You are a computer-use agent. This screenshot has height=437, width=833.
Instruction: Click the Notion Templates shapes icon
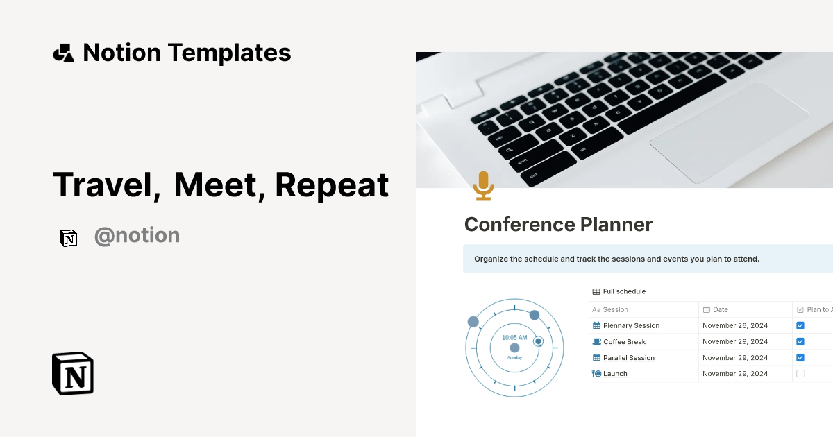[x=63, y=53]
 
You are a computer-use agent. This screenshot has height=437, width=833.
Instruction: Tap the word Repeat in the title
[x=332, y=185]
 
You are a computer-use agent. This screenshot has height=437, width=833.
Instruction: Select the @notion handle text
[x=137, y=236]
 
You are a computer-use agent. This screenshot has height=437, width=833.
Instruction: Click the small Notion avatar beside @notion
[x=69, y=238]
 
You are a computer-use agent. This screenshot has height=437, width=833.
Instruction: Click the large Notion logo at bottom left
[x=73, y=373]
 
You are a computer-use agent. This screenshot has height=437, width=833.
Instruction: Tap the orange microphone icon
[x=483, y=186]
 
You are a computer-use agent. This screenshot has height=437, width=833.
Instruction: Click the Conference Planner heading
[x=558, y=225]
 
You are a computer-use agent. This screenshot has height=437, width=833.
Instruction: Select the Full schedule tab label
[x=624, y=291]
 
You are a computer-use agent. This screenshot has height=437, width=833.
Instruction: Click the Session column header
[x=615, y=309]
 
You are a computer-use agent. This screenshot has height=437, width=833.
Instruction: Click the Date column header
[x=720, y=309]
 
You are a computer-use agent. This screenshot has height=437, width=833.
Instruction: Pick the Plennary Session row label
[x=631, y=325]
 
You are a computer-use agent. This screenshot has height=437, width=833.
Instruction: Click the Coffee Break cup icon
[x=596, y=342]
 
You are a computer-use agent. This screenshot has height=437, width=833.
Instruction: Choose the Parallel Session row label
[x=628, y=358]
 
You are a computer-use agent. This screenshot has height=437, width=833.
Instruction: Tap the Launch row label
[x=615, y=374]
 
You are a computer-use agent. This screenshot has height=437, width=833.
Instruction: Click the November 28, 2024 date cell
[x=735, y=325]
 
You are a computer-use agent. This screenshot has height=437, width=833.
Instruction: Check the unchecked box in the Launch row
[x=800, y=374]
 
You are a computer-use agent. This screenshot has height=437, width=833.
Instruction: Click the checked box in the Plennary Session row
[x=800, y=325]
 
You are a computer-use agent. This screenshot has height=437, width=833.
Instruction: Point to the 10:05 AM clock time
[x=514, y=338]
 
